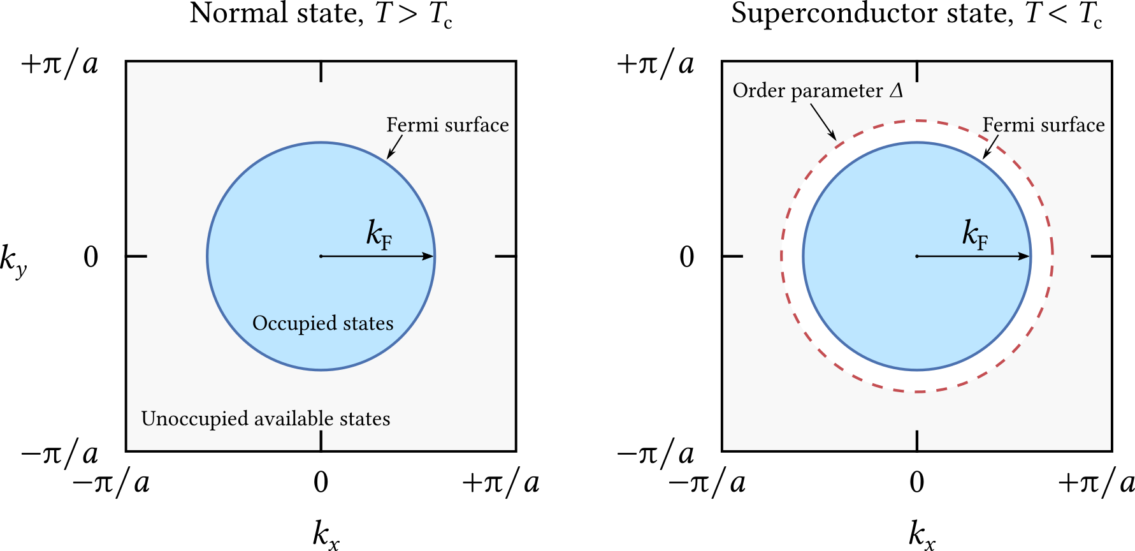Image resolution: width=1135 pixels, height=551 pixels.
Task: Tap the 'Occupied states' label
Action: tap(323, 323)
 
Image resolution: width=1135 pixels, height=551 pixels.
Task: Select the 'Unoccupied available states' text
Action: tap(266, 418)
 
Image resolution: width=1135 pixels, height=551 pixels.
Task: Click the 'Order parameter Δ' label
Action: tap(818, 91)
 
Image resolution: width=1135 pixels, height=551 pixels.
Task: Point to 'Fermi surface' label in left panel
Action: tap(447, 124)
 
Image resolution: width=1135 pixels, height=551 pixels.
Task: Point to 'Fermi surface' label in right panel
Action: tap(1043, 124)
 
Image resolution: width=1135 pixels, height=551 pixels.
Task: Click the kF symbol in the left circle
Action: tap(379, 233)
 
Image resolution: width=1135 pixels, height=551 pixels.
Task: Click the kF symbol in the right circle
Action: tap(974, 233)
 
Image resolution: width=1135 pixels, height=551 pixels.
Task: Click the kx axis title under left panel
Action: tap(326, 534)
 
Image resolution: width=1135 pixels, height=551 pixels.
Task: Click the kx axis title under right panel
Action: tap(922, 534)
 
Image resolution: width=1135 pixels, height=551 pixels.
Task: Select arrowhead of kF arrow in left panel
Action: tap(428, 256)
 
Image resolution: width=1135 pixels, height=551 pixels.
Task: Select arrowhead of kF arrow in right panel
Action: tap(1024, 256)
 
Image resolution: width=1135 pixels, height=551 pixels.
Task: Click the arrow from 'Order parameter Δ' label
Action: tap(823, 122)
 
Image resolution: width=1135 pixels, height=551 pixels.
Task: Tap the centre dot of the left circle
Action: tap(321, 256)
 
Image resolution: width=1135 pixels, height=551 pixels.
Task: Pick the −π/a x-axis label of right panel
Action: tap(707, 483)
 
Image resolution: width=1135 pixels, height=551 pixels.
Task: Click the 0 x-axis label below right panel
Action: tap(917, 483)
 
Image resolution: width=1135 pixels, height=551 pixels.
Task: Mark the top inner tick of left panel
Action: tap(321, 71)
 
